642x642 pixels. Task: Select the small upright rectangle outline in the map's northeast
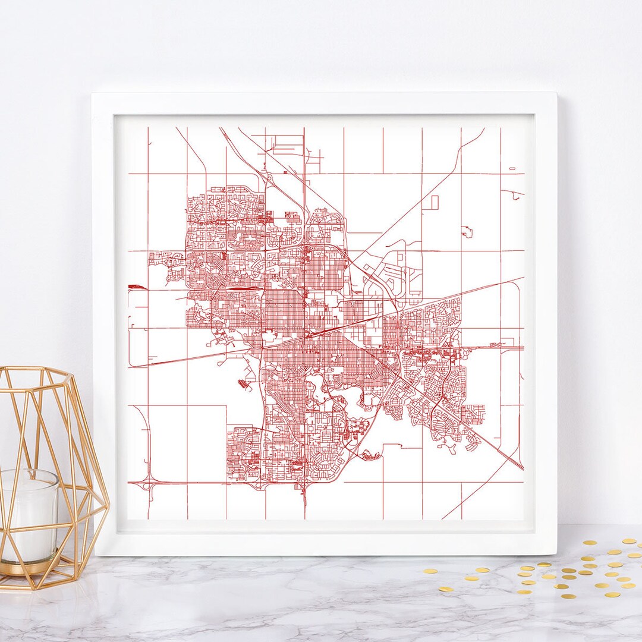click(x=434, y=202)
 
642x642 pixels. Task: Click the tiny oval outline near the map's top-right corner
click(x=512, y=169)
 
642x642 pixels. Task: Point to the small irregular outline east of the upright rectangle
click(x=467, y=231)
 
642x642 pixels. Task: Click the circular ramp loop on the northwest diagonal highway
click(x=267, y=178)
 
